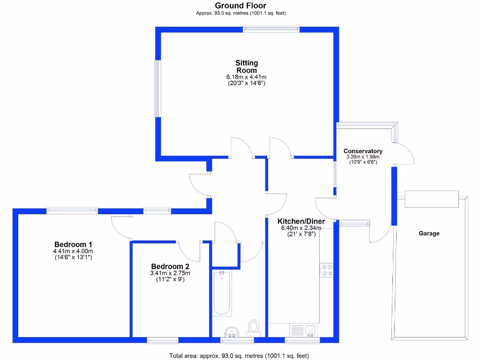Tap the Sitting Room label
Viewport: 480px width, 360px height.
click(x=247, y=67)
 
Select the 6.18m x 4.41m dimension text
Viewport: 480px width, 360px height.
click(x=247, y=77)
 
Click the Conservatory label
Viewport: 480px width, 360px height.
click(x=363, y=151)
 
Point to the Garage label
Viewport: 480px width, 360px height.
click(x=429, y=233)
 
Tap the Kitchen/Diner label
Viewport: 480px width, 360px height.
click(x=301, y=221)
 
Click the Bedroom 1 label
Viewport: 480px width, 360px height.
click(x=73, y=244)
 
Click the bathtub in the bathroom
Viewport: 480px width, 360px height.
click(x=222, y=293)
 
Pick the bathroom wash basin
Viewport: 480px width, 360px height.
click(x=231, y=332)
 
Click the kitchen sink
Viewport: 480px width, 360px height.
click(x=310, y=330)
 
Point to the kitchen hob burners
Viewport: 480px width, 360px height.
click(x=326, y=270)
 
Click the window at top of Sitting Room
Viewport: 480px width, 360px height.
click(x=270, y=29)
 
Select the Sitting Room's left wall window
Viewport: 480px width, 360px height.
click(x=158, y=88)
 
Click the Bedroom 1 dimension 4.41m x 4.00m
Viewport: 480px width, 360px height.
click(x=73, y=251)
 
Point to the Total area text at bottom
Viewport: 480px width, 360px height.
click(x=239, y=356)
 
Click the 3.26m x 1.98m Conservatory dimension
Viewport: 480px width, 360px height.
click(x=363, y=157)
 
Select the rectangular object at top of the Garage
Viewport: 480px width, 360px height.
click(x=432, y=199)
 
